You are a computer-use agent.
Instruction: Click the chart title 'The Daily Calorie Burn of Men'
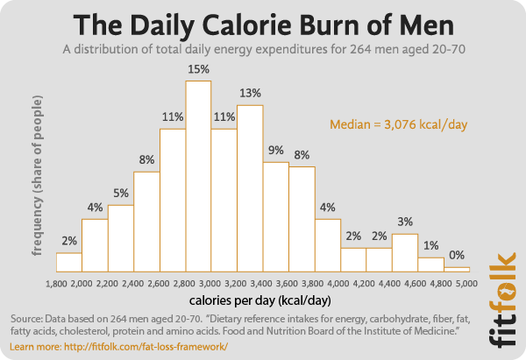pyautogui.click(x=262, y=22)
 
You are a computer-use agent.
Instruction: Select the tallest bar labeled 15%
pyautogui.click(x=198, y=175)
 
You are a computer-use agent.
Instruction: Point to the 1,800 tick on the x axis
pyautogui.click(x=56, y=284)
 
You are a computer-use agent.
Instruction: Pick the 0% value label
pyautogui.click(x=457, y=256)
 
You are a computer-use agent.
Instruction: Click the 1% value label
pyautogui.click(x=430, y=245)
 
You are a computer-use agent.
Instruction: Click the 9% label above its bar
pyautogui.click(x=275, y=151)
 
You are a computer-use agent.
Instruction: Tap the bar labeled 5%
pyautogui.click(x=121, y=237)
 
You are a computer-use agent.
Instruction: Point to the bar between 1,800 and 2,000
pyautogui.click(x=69, y=262)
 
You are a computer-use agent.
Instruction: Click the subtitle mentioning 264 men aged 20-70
pyautogui.click(x=262, y=49)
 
